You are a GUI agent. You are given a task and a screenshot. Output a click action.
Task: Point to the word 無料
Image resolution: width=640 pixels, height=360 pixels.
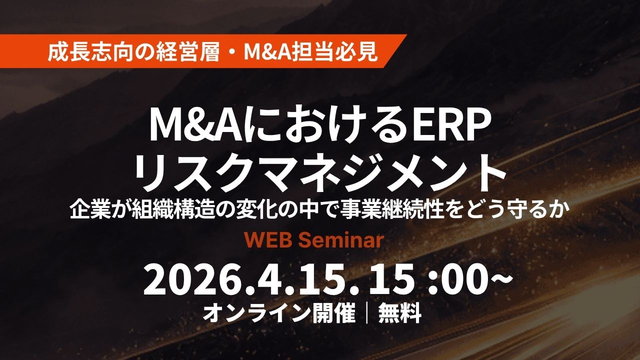400,313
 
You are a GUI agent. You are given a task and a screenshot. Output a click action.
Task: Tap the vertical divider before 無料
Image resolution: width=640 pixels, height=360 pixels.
367,313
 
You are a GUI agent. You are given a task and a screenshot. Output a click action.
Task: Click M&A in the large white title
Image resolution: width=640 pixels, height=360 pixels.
197,126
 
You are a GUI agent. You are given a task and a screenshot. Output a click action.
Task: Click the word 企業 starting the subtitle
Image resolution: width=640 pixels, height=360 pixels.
88,212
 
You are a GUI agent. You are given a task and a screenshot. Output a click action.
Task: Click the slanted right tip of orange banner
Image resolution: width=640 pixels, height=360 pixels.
406,35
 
